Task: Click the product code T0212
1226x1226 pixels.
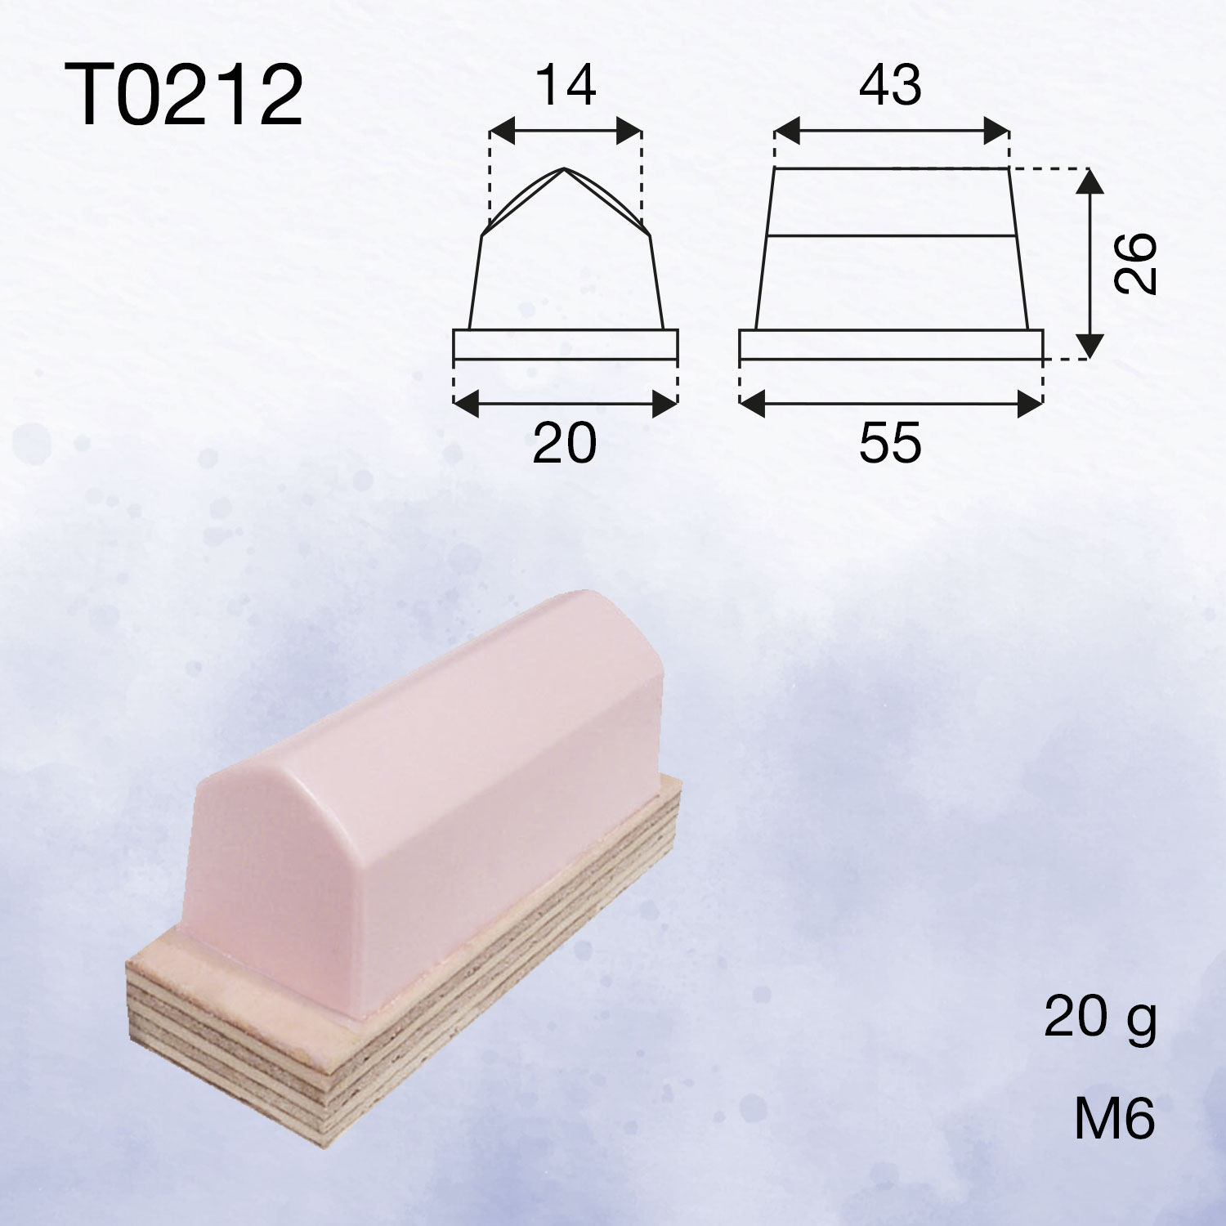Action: [184, 96]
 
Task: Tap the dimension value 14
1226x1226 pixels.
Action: [565, 85]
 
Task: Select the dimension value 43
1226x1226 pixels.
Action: [890, 85]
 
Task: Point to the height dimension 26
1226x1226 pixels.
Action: [1136, 263]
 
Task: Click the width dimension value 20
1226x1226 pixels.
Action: [565, 443]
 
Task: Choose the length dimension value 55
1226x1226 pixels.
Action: [890, 443]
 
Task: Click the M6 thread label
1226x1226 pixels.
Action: [1114, 1119]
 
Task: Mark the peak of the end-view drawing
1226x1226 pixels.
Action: [565, 168]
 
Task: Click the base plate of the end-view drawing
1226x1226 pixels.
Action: [566, 344]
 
